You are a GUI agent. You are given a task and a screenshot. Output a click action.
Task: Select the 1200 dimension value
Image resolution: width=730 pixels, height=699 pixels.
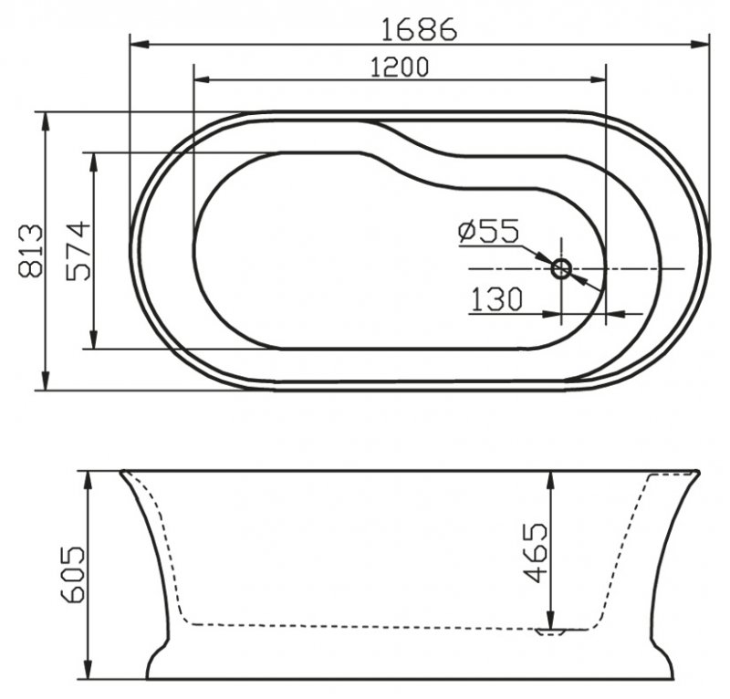point(400,68)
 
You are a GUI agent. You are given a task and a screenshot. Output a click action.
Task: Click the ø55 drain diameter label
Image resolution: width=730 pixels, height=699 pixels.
point(488,232)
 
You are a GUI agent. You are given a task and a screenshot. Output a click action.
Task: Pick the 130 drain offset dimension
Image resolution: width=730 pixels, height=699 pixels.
point(497,298)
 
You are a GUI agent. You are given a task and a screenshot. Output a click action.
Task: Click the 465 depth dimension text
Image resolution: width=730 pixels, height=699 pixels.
point(536,552)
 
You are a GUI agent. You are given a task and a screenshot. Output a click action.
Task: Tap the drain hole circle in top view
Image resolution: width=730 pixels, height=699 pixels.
point(561,268)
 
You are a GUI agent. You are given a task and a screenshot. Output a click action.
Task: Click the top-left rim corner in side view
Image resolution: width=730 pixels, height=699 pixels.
point(121,473)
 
